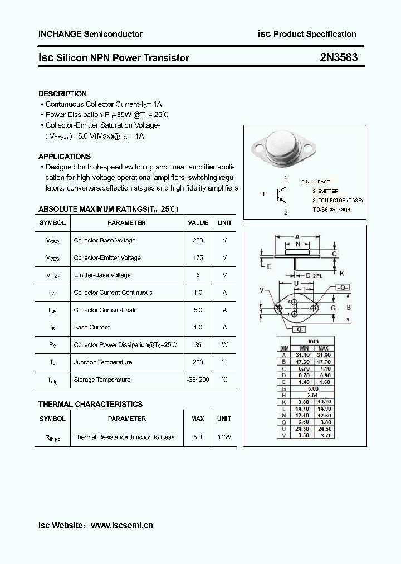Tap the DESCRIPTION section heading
pos(62,94)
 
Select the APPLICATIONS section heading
pos(65,157)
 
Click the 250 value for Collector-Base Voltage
pos(198,240)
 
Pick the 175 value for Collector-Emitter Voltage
pos(198,257)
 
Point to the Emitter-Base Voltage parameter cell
pos(102,275)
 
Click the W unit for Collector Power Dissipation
pos(224,344)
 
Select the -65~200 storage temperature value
pos(198,380)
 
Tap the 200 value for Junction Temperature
pos(198,362)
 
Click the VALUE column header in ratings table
pos(198,223)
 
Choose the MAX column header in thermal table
pos(198,419)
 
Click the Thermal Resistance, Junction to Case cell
pos(124,437)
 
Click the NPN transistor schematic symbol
pos(280,195)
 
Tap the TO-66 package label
pos(331,210)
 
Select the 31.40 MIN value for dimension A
pos(304,354)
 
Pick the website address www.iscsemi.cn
pos(121,524)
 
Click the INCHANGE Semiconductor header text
pos(90,34)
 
